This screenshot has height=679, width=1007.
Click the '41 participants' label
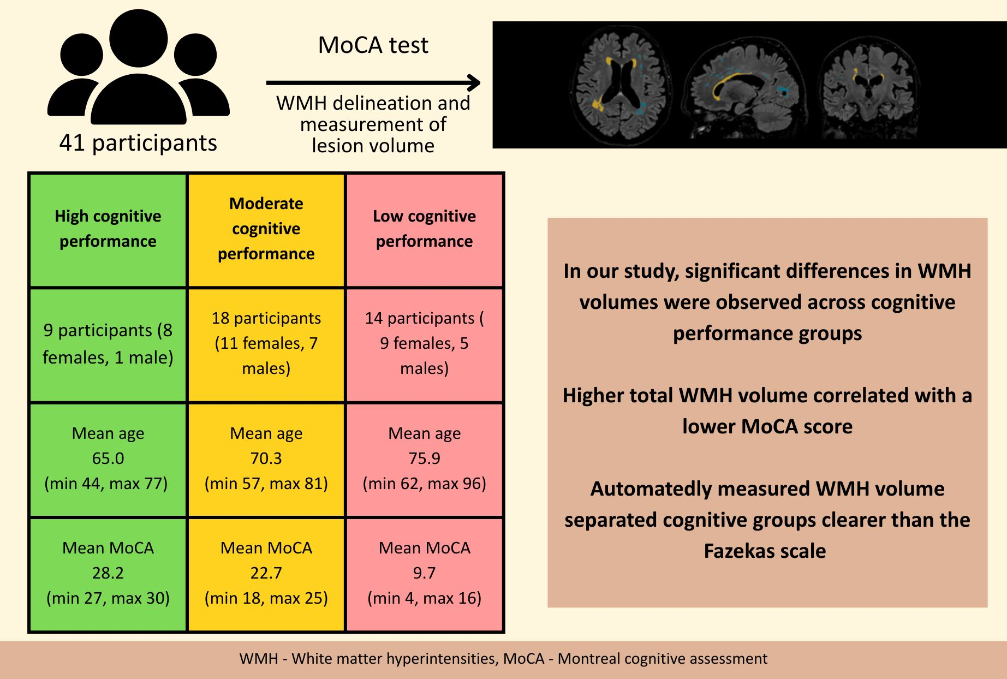(138, 143)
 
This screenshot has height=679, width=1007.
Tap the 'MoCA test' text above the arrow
(373, 45)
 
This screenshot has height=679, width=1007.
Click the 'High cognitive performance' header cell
(108, 229)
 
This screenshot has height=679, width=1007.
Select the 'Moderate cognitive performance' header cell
(266, 229)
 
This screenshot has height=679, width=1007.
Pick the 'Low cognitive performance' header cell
(424, 229)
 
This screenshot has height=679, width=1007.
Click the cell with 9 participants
(108, 344)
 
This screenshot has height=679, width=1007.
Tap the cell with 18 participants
(266, 344)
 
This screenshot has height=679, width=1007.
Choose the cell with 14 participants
(424, 344)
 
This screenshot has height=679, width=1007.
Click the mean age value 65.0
(108, 458)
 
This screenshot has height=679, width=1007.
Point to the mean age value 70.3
(266, 458)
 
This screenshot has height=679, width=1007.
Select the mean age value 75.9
(424, 458)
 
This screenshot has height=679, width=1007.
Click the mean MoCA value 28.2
(108, 573)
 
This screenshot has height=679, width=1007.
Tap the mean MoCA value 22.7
(266, 573)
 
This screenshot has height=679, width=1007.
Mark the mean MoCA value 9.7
(424, 573)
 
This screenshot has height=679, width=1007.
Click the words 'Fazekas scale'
(765, 551)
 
